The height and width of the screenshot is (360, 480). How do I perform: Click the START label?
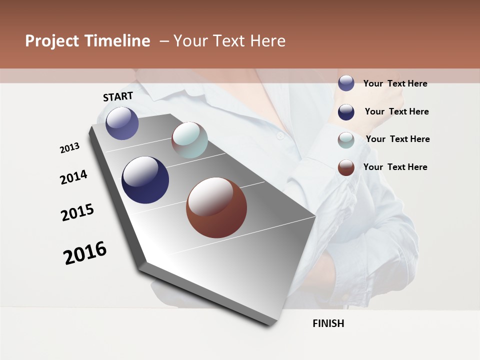(x=118, y=96)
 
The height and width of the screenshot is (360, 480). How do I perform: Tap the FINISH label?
(x=328, y=323)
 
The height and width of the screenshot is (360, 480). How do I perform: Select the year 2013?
(x=70, y=147)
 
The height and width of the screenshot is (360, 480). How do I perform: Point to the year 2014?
(x=73, y=177)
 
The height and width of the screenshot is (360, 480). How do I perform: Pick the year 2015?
(x=77, y=212)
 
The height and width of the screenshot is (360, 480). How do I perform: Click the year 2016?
(x=85, y=252)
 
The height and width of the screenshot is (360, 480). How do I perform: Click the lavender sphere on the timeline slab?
(x=122, y=123)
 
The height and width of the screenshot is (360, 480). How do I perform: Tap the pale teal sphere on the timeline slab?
(x=189, y=140)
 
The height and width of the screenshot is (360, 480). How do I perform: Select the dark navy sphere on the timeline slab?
(x=145, y=180)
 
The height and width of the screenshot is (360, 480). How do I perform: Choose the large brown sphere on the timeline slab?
(x=216, y=207)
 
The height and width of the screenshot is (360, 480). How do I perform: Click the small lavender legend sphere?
(x=346, y=83)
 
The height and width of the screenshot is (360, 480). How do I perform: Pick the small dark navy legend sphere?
(x=346, y=111)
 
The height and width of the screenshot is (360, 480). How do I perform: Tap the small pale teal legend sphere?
(x=346, y=139)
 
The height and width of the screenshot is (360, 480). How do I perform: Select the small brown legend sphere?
(x=346, y=167)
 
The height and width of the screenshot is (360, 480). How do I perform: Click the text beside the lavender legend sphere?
(x=395, y=83)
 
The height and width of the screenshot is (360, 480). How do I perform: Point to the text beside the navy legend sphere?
(x=396, y=111)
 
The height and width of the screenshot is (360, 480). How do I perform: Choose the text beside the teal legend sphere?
(x=397, y=139)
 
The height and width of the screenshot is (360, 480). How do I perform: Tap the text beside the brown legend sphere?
(x=395, y=167)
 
